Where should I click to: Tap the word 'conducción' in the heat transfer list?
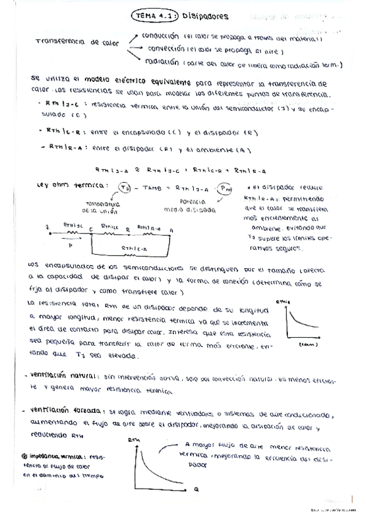pos(159,36)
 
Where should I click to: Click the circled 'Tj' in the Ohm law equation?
pos(126,188)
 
